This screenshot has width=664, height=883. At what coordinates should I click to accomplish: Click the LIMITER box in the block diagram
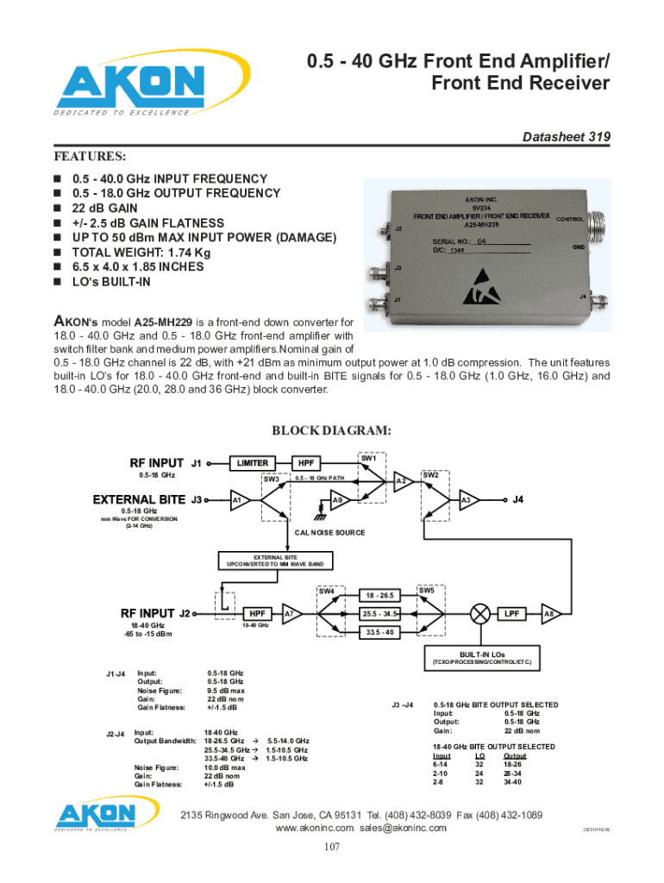tap(253, 463)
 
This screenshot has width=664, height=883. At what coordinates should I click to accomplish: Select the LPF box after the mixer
tap(512, 613)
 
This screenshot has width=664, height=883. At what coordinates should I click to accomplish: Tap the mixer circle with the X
tap(479, 613)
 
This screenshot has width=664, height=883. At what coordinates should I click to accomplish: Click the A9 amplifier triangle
tap(340, 500)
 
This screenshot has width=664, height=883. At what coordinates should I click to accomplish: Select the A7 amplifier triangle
tap(291, 614)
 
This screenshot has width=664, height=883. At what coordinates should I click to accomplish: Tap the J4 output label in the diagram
tap(518, 499)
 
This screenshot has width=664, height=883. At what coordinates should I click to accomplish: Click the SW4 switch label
tap(327, 592)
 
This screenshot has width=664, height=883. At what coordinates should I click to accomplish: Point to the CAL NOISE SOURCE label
tap(330, 533)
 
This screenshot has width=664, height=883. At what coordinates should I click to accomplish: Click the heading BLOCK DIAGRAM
tap(332, 431)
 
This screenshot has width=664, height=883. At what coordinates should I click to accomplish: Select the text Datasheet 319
tap(568, 137)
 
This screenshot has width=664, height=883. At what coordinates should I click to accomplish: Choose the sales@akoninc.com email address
tap(404, 828)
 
